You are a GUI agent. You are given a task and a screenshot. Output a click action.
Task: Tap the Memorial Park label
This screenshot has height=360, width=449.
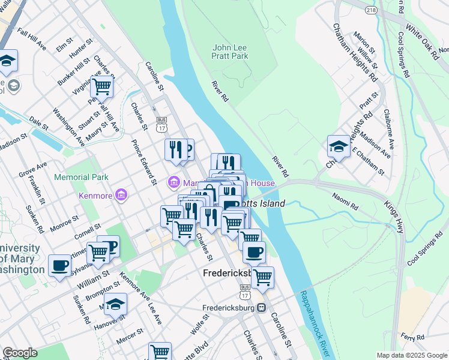(81, 177)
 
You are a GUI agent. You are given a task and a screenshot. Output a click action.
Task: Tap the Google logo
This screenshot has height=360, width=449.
(20, 353)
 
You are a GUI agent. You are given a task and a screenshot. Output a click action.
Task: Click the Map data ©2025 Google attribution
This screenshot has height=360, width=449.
(411, 355)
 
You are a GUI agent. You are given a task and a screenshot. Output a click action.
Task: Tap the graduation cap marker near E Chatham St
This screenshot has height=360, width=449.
(339, 146)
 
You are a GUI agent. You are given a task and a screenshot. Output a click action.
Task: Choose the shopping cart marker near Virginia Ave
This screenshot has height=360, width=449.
(101, 86)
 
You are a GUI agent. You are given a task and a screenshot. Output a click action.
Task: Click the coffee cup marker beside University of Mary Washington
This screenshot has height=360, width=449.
(59, 266)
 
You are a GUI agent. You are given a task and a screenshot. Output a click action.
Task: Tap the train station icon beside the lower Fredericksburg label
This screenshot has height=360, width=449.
(261, 308)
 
